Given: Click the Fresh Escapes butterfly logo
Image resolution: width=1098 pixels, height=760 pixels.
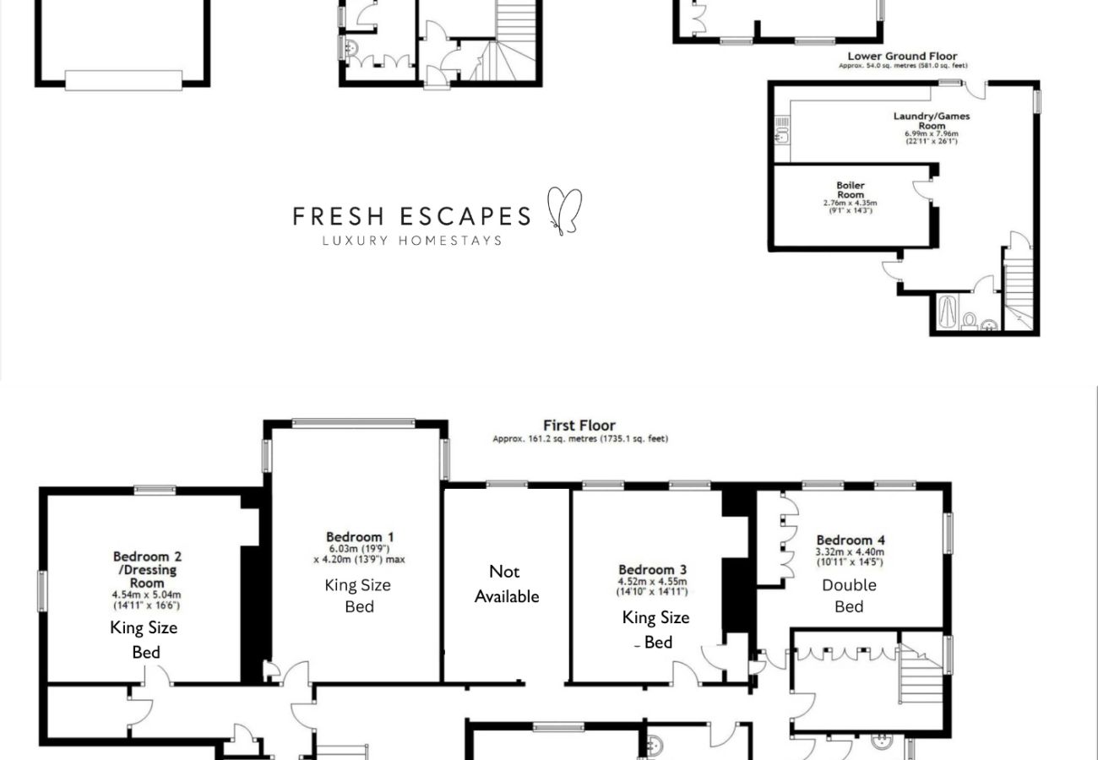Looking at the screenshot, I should point(564,210).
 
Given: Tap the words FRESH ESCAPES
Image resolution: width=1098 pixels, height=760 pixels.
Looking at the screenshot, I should point(411,216).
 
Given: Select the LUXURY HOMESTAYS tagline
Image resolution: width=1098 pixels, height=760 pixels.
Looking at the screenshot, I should point(411,241).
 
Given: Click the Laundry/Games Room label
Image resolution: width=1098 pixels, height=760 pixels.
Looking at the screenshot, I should point(932,121).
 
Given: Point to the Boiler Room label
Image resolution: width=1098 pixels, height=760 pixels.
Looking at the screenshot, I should point(851,190).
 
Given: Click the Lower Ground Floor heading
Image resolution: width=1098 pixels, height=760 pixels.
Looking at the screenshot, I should point(902,57).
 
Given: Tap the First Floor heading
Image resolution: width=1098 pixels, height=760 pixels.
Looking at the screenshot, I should point(579,426).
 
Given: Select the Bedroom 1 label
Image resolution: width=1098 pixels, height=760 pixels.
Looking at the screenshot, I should point(360,537).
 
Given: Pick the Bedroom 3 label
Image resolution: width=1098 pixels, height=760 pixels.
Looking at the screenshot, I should point(652,570).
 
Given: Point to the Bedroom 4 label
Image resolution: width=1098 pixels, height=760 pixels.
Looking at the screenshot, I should point(851,540).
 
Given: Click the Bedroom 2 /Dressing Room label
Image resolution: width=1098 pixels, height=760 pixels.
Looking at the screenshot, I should point(147,569).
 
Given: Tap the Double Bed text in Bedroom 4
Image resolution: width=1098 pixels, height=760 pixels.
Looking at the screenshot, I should point(849,595).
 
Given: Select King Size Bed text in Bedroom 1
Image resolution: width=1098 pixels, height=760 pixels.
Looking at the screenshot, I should point(358,595).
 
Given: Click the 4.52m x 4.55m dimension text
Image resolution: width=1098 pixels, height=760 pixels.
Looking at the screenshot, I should point(652,581).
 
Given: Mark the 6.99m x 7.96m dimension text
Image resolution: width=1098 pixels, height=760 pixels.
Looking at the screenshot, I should point(932,133).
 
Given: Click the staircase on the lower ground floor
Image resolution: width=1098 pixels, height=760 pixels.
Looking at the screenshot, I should point(1018,287).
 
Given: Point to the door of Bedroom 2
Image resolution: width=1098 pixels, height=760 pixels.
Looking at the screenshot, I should point(157,675).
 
